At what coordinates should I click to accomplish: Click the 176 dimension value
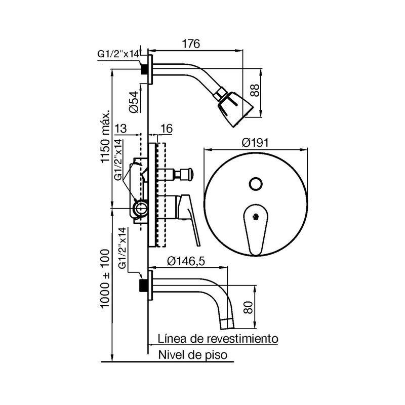(x=191, y=44)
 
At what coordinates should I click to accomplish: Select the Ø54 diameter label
(x=134, y=102)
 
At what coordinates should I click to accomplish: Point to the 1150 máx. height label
(x=105, y=136)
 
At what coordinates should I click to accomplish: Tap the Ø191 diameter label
(x=255, y=142)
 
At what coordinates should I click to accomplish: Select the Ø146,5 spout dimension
(x=186, y=261)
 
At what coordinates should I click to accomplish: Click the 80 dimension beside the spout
(x=248, y=307)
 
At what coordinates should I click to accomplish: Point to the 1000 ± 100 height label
(x=105, y=279)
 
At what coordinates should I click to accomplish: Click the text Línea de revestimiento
(x=218, y=338)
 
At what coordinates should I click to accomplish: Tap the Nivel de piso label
(x=193, y=355)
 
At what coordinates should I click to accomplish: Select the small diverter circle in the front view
(x=256, y=184)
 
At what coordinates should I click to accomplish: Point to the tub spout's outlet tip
(x=227, y=324)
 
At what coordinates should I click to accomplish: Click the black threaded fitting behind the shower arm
(x=144, y=69)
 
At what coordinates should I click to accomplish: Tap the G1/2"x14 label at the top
(x=118, y=54)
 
